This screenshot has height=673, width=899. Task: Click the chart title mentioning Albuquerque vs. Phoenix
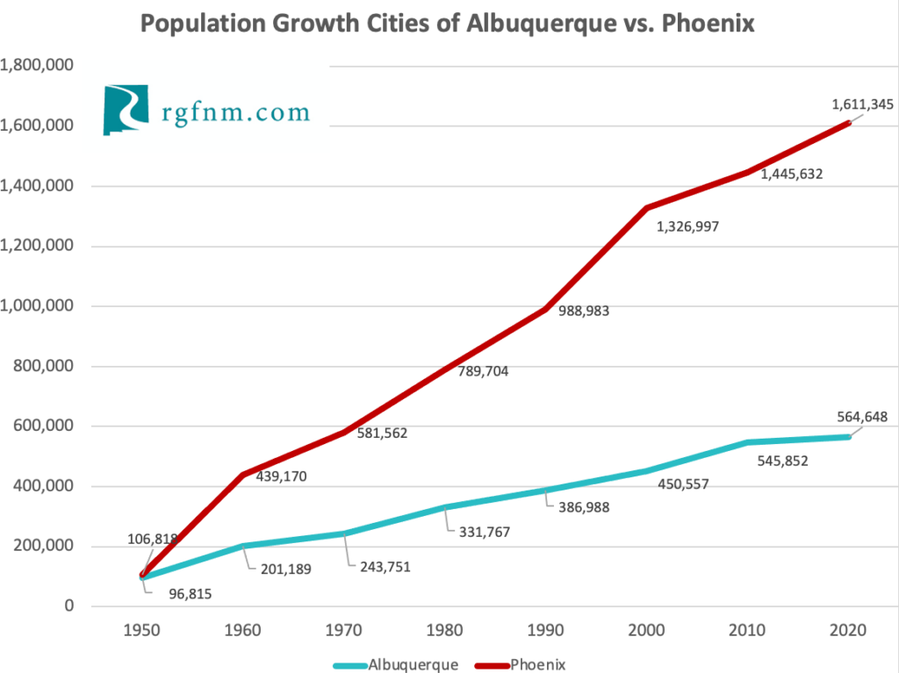pyautogui.click(x=448, y=24)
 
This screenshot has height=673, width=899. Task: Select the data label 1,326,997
pyautogui.click(x=687, y=227)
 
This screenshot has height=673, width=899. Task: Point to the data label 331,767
pyautogui.click(x=479, y=531)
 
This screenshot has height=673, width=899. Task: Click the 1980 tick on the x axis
pyautogui.click(x=447, y=631)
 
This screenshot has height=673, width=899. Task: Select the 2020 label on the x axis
pyautogui.click(x=849, y=631)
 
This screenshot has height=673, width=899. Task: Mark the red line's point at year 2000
pyautogui.click(x=648, y=208)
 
